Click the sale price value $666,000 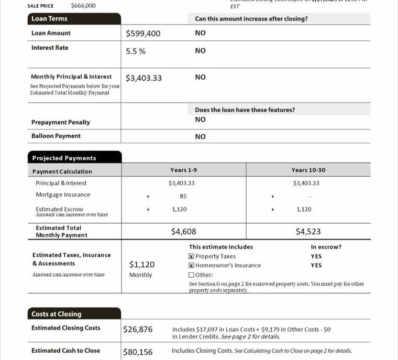[83, 6]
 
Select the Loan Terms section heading [49, 18]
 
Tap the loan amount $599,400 [143, 34]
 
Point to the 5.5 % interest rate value [136, 51]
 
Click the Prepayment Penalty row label [61, 122]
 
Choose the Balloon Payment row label [56, 136]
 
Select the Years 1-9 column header [183, 170]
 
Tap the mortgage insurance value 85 [183, 197]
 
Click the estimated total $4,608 [184, 231]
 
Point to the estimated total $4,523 [308, 231]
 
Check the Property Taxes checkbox [191, 256]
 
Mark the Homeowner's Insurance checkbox [191, 265]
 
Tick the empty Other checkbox [191, 275]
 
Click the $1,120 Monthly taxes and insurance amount [141, 265]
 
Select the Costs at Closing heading [56, 314]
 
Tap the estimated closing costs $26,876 [138, 329]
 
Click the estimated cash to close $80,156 [138, 352]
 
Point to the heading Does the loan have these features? [245, 110]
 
